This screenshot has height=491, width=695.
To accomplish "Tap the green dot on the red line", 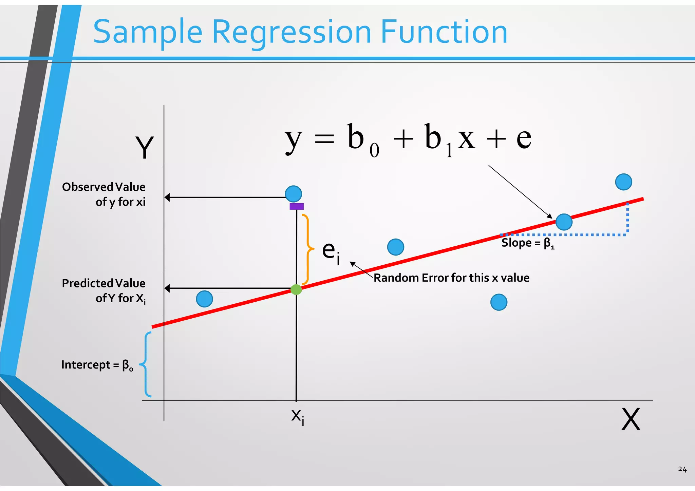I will click(296, 289).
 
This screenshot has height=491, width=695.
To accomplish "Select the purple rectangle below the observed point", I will click(297, 206).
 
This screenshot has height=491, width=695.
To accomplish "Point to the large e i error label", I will click(331, 252).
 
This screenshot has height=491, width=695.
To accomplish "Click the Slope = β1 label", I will click(528, 243).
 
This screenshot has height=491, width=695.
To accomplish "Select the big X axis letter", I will click(631, 419).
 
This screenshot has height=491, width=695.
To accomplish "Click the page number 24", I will click(682, 469).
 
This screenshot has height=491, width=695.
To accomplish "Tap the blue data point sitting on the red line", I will click(564, 222).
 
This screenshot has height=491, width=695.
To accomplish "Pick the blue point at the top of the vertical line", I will click(294, 194).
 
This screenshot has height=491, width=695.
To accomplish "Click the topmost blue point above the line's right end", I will click(623, 182).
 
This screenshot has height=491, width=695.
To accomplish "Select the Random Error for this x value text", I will click(451, 278).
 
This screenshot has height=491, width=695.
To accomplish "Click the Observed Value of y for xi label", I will click(104, 194).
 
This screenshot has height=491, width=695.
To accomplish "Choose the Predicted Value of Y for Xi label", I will click(104, 291).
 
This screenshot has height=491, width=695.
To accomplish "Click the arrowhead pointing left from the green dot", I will click(167, 288).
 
